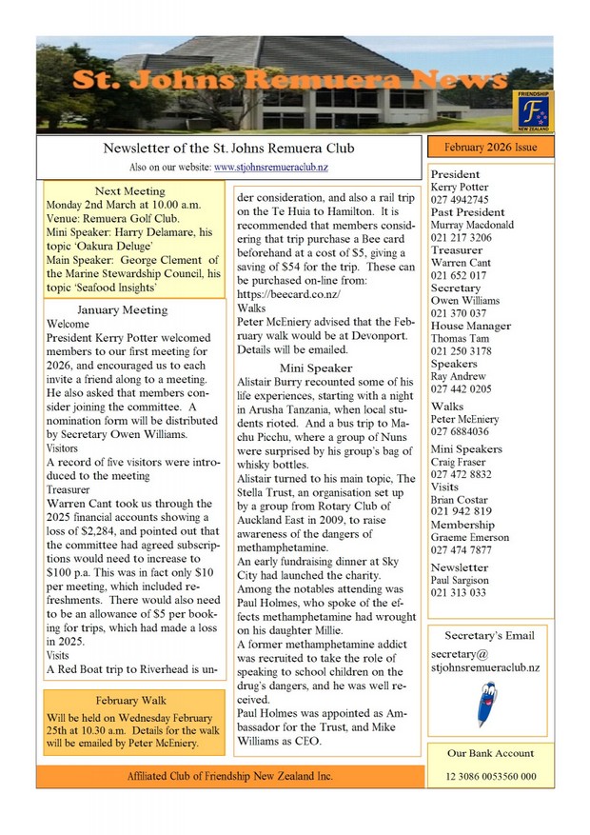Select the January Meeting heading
coord(122,309)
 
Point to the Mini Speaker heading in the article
coord(316,368)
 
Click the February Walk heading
coord(130,700)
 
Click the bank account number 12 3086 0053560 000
coord(490,777)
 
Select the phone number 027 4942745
coord(460,200)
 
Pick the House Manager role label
coord(470,326)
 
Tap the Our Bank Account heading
coord(490,753)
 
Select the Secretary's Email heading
coord(490,635)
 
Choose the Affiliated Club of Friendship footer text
coord(230,776)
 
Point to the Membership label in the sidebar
coord(462,525)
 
